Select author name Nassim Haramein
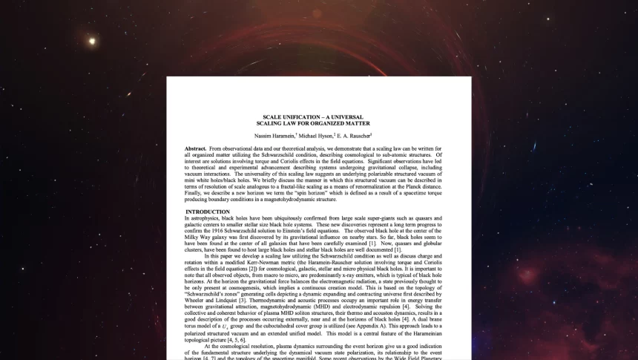click(274, 136)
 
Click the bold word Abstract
click(196, 149)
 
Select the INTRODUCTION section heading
click(208, 212)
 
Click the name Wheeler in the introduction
click(197, 300)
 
